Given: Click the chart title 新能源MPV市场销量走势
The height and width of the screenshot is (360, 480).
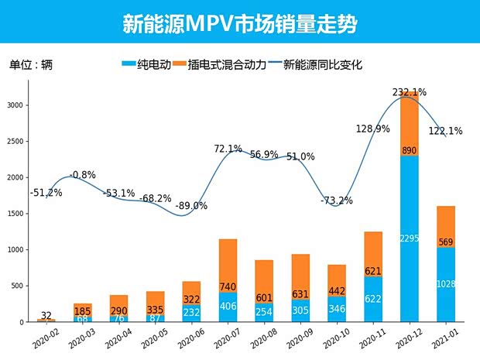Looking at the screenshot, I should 240,23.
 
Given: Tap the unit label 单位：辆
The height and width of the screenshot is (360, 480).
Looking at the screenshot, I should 31,65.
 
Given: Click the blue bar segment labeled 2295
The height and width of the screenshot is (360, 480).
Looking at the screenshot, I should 410,238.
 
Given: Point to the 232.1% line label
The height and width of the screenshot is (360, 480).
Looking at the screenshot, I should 409,92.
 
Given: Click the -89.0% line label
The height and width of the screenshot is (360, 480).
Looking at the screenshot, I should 190,205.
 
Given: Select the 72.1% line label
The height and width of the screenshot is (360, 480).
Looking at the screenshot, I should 228,149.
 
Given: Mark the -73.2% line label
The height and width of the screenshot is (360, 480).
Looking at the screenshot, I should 337,201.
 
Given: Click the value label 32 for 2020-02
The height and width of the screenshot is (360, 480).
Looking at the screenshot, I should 46,315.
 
